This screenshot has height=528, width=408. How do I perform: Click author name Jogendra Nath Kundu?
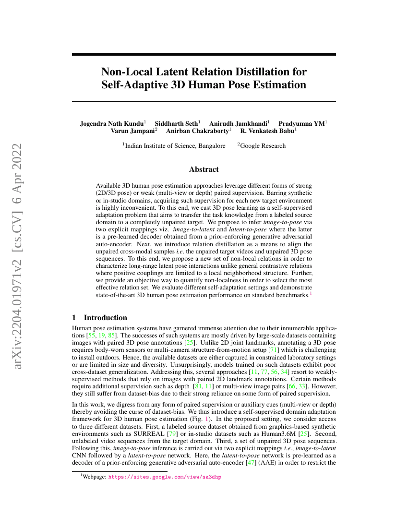(112, 123)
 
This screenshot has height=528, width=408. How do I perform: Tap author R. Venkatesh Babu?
(267, 131)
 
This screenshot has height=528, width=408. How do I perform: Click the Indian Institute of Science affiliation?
(175, 146)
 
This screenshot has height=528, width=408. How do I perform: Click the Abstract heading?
(204, 169)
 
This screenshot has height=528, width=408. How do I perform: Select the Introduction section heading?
(105, 318)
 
